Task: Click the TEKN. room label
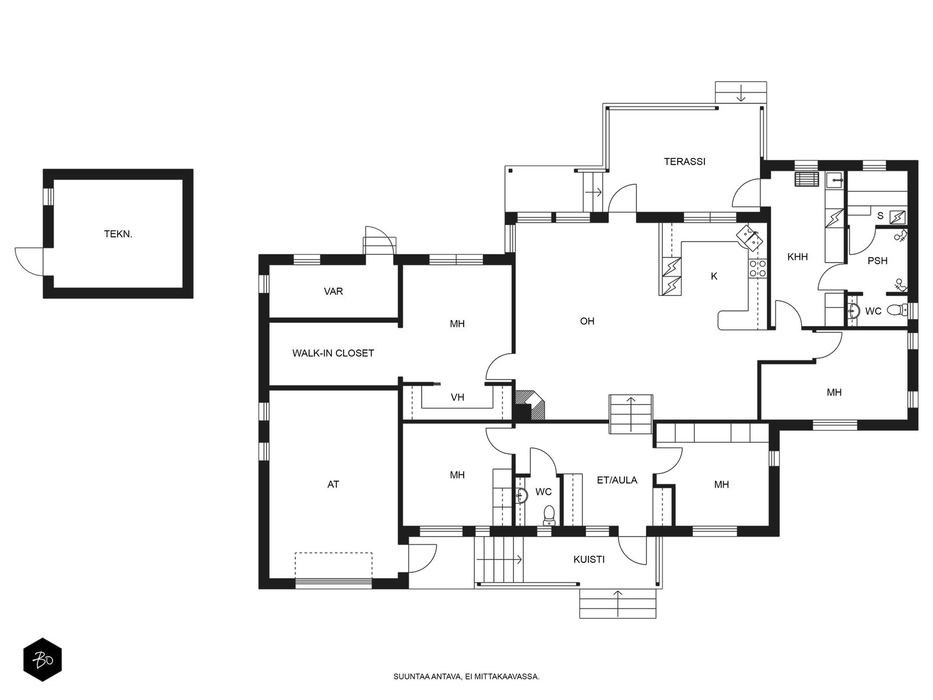pos(118,234)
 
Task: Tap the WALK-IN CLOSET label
pos(333,353)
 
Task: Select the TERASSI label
pos(685,162)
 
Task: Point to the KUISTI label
pos(589,559)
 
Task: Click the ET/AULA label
pos(617,480)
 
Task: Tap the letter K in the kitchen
pos(714,276)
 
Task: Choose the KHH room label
pos(797,257)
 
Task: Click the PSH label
pos(878,261)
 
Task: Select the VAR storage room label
pos(333,292)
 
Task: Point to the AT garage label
pos(333,484)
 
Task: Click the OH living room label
pos(587,321)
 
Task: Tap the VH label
pos(457,397)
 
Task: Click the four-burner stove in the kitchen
pos(757,268)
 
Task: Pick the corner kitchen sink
pos(750,238)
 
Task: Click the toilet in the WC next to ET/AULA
pos(549,514)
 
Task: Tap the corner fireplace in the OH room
pos(529,405)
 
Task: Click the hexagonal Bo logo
pos(43,660)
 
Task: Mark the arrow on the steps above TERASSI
pos(741,93)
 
